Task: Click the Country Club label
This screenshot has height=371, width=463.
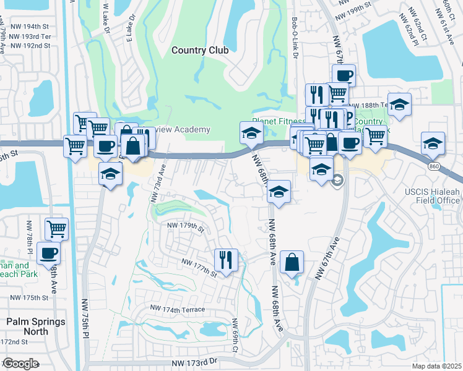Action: [200, 50]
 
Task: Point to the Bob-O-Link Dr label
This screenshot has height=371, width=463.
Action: [295, 38]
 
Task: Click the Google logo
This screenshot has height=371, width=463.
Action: [20, 364]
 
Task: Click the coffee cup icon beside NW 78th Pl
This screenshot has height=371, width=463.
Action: [49, 252]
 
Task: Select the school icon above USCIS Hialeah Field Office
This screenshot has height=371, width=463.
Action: [433, 143]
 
